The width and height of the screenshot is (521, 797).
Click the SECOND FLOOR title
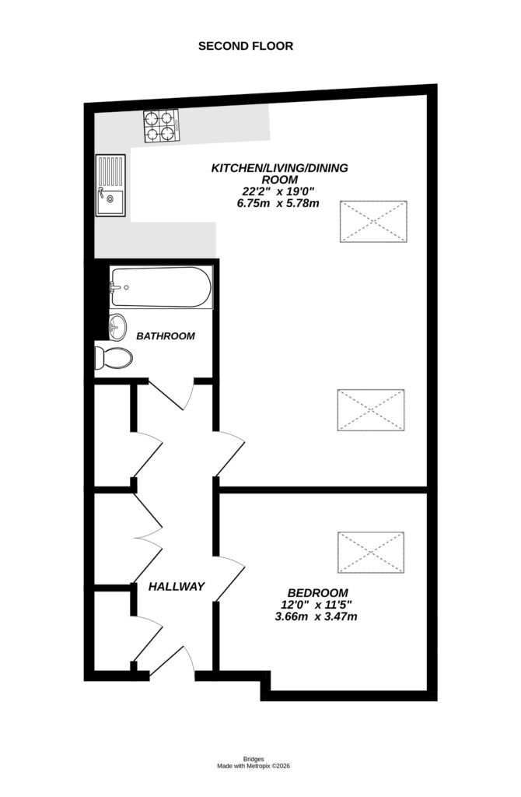pyautogui.click(x=246, y=46)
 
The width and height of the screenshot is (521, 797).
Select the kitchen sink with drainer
pyautogui.click(x=110, y=185)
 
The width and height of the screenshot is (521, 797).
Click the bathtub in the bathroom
pyautogui.click(x=160, y=287)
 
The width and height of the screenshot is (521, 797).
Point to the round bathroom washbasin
pyautogui.click(x=117, y=327)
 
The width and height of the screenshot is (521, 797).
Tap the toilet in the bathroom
pyautogui.click(x=114, y=358)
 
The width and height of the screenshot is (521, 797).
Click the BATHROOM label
pyautogui.click(x=165, y=336)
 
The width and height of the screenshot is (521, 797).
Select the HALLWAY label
pyautogui.click(x=177, y=586)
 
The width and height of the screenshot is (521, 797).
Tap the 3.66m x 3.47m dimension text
pyautogui.click(x=316, y=616)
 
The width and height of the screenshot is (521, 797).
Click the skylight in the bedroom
pyautogui.click(x=371, y=552)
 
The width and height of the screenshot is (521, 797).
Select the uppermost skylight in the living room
pyautogui.click(x=373, y=220)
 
